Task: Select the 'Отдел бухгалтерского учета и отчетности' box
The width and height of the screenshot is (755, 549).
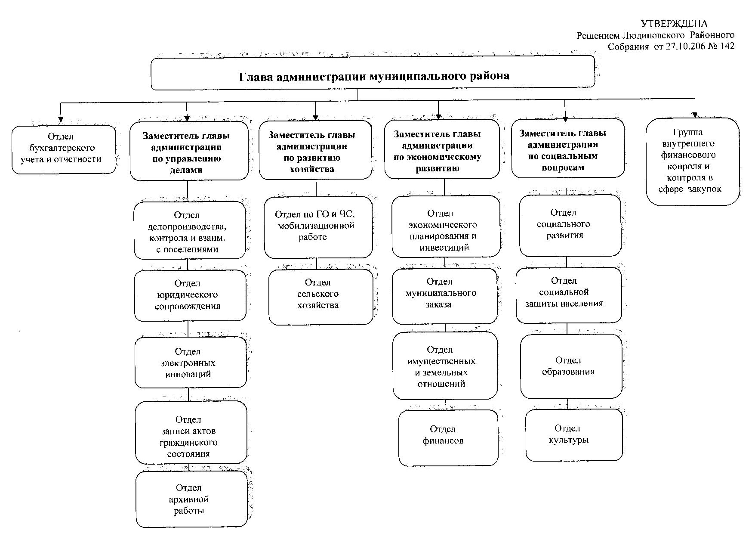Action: click(64, 149)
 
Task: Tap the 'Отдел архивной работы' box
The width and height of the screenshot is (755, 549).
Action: click(192, 499)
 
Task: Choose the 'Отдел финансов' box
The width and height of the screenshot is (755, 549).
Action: click(448, 438)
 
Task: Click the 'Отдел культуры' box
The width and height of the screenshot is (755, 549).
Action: click(574, 435)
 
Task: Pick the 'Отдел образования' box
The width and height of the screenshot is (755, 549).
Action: click(571, 366)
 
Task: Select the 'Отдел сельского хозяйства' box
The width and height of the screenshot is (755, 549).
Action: click(321, 297)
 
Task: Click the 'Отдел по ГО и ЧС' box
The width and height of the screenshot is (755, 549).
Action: click(318, 227)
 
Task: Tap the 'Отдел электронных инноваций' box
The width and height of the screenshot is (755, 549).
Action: click(191, 363)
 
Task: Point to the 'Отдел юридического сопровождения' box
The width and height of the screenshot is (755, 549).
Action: click(190, 296)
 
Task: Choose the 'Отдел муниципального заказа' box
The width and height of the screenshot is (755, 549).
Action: click(444, 296)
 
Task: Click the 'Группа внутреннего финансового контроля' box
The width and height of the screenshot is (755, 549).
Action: click(693, 161)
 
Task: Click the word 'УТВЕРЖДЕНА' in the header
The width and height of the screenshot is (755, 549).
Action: click(674, 24)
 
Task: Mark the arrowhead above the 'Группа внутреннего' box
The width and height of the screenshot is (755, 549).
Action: click(695, 114)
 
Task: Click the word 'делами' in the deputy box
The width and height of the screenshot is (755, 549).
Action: click(186, 170)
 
